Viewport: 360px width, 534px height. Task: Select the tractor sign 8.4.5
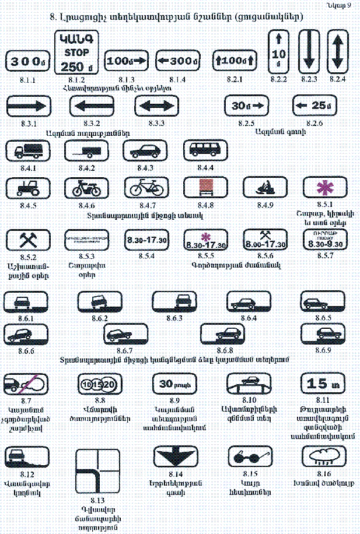[27, 188]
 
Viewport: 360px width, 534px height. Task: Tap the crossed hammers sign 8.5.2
[26, 240]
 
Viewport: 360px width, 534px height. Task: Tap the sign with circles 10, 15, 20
[98, 384]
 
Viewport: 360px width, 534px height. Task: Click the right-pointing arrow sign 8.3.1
[27, 107]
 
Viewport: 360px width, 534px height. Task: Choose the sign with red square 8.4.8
[202, 188]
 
